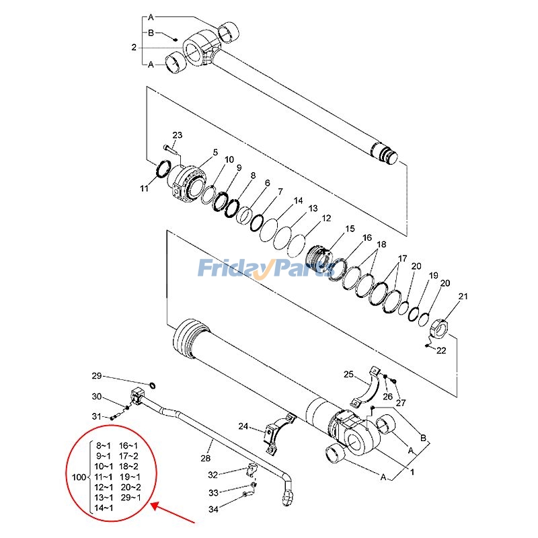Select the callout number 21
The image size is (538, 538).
click(463, 297)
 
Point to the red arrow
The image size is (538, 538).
click(172, 514)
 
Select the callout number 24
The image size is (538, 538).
click(243, 426)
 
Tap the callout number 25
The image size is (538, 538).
click(348, 374)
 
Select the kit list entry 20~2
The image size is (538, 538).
click(130, 487)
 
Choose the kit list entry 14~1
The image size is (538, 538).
click(104, 508)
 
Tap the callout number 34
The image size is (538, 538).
click(213, 509)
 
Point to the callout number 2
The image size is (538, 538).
click(134, 48)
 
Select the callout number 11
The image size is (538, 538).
click(144, 189)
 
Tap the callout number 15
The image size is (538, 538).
click(350, 229)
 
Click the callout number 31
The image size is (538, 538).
click(96, 417)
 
